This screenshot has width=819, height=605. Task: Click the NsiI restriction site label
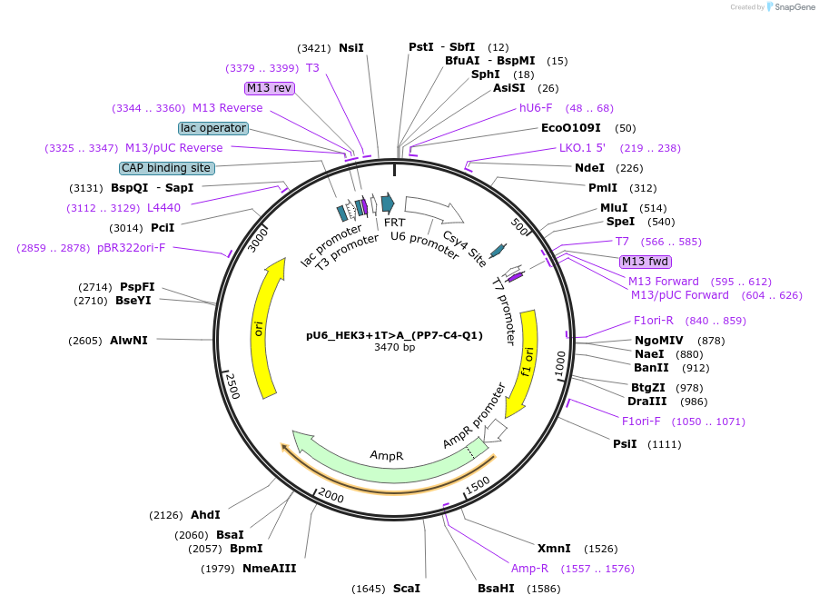[351, 47]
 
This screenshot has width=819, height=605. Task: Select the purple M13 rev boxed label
[270, 88]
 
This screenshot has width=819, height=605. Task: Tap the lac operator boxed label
[212, 128]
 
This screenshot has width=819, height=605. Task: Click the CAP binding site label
[167, 168]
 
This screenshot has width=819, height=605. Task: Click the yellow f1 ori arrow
[525, 363]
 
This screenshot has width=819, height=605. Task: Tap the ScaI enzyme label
[406, 589]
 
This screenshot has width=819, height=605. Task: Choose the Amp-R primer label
[529, 569]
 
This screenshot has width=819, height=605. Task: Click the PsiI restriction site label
[625, 444]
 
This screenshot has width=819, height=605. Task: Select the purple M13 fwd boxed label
[645, 262]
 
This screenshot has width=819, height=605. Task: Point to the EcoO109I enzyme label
[570, 128]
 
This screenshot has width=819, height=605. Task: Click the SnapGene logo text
[791, 7]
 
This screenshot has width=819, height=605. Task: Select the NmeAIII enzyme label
[269, 569]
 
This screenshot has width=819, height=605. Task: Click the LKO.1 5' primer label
[581, 148]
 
